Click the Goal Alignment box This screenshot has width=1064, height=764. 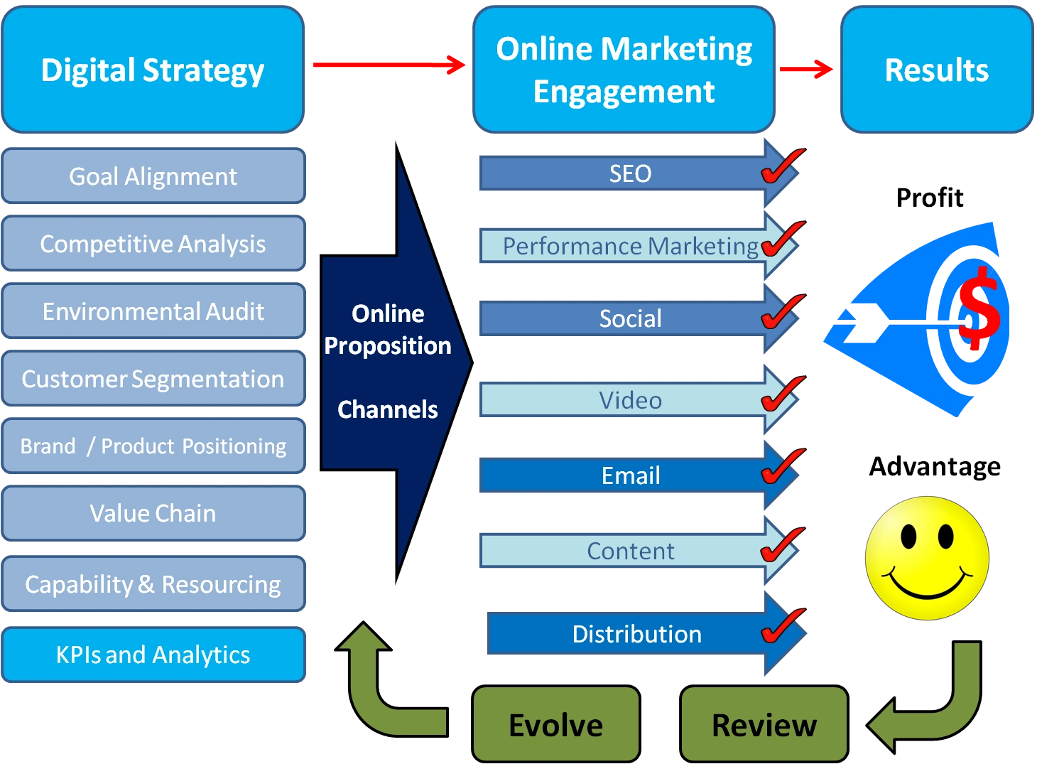coord(153,176)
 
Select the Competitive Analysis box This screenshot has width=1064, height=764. coord(153,244)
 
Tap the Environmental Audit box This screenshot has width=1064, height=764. coord(153,311)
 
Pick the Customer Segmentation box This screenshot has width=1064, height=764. coord(153,379)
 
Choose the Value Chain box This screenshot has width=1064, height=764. coord(153,513)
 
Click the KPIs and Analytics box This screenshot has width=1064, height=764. coord(153,654)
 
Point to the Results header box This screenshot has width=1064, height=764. coord(936,70)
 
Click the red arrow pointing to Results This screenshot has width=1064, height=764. coord(806,69)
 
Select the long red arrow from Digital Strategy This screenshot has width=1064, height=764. coord(388,65)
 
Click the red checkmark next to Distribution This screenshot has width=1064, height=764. coord(782,626)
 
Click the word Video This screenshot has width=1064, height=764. coord(630,400)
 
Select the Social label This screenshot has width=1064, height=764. coord(630,318)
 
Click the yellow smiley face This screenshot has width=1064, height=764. coord(926,557)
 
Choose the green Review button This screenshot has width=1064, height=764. coord(764,725)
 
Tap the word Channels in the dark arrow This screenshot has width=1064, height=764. coord(387,409)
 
